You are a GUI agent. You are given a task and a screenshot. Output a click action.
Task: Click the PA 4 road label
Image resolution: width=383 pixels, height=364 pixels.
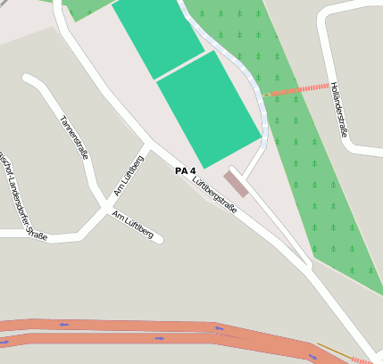click(x=186, y=170)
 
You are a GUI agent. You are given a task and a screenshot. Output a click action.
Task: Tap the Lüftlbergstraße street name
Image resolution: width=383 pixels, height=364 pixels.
click(x=215, y=194)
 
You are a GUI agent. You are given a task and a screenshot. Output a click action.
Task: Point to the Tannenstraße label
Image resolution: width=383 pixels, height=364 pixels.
click(x=74, y=136)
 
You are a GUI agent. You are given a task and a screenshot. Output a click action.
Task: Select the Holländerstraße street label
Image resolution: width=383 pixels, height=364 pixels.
click(x=338, y=110)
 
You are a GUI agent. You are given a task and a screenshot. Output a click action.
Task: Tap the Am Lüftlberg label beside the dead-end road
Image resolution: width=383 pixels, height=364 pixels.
click(x=133, y=226)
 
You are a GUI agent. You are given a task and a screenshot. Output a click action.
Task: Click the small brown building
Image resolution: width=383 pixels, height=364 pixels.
click(x=237, y=184)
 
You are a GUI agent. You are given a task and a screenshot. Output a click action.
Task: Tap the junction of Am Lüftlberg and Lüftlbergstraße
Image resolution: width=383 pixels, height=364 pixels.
click(x=146, y=143)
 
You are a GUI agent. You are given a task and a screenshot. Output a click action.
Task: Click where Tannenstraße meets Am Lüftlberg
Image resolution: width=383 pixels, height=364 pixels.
click(x=102, y=203)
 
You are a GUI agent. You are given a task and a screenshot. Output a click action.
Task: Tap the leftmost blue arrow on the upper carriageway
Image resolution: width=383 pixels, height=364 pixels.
click(x=64, y=325)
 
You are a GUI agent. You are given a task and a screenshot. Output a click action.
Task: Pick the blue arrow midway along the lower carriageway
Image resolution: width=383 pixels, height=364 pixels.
click(x=159, y=339)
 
